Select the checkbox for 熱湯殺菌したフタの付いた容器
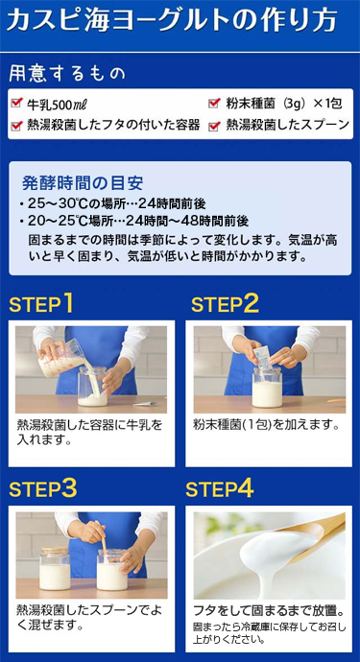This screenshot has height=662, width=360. tap(16, 126)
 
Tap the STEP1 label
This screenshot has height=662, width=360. tap(41, 305)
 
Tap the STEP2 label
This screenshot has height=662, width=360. tap(225, 305)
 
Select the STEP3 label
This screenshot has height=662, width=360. tap(43, 488)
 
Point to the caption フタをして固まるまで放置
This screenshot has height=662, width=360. tap(268, 610)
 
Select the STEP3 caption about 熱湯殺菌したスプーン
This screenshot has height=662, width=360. tap(86, 616)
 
